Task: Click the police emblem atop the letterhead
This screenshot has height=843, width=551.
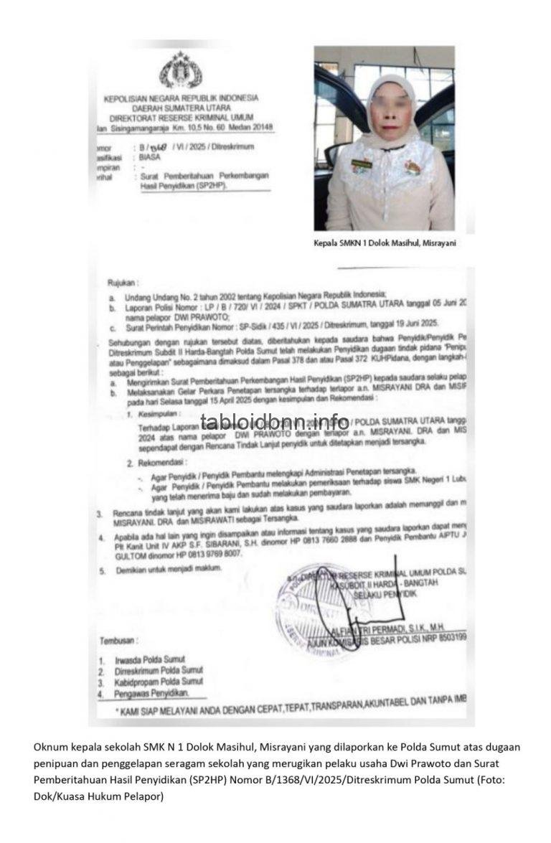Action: coord(180,70)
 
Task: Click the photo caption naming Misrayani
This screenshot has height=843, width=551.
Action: coord(385,243)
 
